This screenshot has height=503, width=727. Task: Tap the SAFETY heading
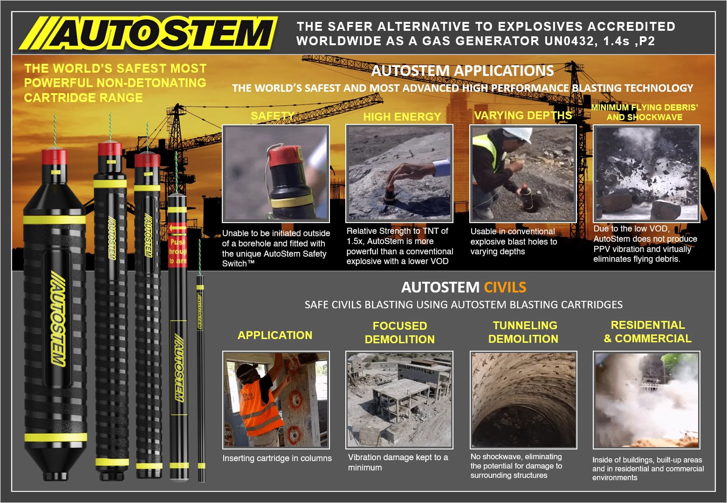pos(273,116)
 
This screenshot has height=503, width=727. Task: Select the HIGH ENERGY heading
pos(402,117)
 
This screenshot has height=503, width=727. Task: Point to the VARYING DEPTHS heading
pos(522,116)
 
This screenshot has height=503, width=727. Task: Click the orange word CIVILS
pos(505,287)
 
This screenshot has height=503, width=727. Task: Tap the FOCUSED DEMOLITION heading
pos(399,333)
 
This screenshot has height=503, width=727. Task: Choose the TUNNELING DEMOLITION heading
pos(524,332)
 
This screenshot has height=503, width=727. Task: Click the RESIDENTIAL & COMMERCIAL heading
pos(647,332)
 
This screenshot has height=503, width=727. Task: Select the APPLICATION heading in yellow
pos(274,335)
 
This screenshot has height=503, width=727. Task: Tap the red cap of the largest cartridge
pos(55,157)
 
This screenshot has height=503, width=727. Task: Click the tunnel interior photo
pos(523,400)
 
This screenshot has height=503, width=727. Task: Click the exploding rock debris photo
pos(646,173)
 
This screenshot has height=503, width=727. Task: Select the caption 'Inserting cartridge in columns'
pos(277,458)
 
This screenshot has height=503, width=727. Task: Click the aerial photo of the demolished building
pos(399,400)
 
